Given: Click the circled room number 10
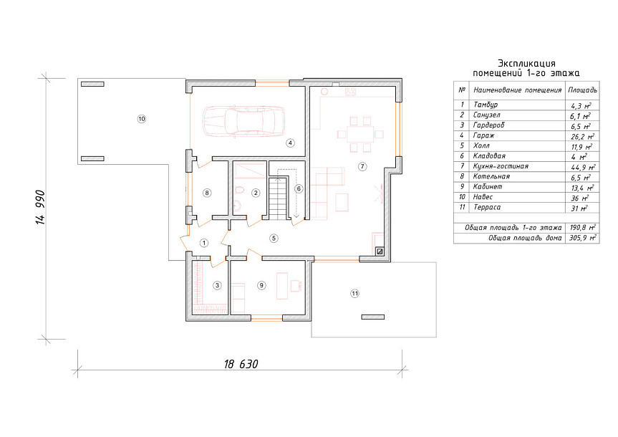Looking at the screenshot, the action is (x=142, y=119).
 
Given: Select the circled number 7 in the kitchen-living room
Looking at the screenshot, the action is (x=362, y=166).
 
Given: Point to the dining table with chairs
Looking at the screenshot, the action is (x=360, y=134).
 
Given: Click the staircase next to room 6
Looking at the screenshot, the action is (x=279, y=198).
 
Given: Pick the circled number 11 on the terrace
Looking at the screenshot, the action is (x=354, y=294).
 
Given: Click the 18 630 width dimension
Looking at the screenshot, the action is (x=241, y=364).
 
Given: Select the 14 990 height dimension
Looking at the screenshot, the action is (x=41, y=208).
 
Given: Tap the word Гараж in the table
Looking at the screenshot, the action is (x=483, y=135).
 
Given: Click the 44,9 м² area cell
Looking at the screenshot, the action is (x=583, y=167).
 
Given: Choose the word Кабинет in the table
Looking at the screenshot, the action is (x=488, y=186).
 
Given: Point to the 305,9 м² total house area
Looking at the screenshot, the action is (x=582, y=239).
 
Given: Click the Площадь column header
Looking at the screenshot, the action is (x=582, y=90).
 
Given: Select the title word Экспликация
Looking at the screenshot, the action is (x=526, y=64).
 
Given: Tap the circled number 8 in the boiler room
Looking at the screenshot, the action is (x=206, y=193).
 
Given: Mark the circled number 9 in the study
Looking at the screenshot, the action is (x=261, y=285).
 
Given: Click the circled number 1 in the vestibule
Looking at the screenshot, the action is (x=204, y=243).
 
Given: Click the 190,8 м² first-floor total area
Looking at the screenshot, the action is (x=582, y=228).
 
